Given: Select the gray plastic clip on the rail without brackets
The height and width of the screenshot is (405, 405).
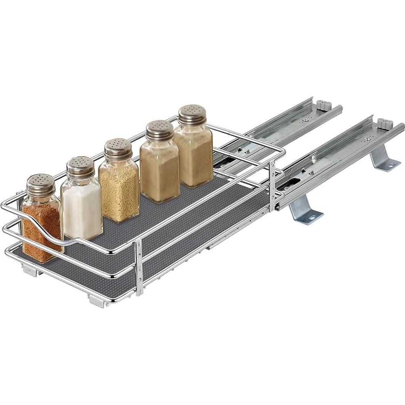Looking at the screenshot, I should [x=324, y=105].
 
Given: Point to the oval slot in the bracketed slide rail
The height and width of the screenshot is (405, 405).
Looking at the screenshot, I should [x=290, y=187].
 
